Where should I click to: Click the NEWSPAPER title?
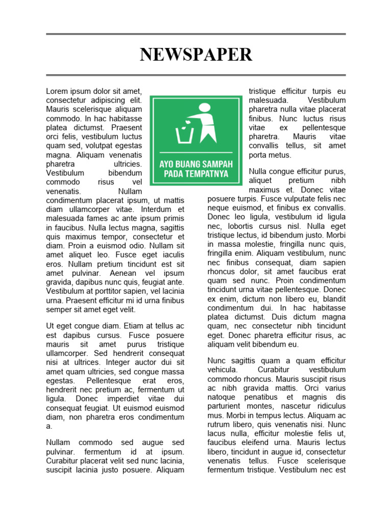click(196, 55)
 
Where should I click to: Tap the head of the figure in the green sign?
click(205, 108)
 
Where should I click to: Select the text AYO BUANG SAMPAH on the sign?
click(196, 165)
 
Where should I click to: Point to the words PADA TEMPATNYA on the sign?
click(196, 174)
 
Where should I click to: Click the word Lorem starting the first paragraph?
click(57, 91)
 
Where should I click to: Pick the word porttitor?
click(103, 291)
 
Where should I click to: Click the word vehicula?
click(223, 370)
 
